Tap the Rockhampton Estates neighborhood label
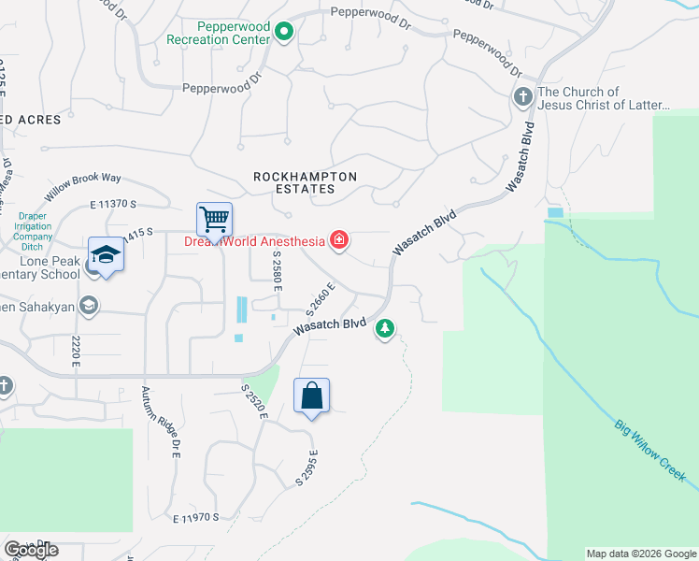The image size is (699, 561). [294, 182]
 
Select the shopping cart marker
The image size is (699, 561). [215, 221]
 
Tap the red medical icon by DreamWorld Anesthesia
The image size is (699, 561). [339, 241]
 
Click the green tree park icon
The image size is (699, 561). [384, 328]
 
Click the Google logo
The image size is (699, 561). [32, 550]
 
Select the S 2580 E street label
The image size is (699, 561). [278, 273]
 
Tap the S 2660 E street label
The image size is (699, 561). [321, 298]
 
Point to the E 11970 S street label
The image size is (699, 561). [195, 516]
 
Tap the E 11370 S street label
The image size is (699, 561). [114, 203]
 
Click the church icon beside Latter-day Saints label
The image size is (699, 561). [522, 96]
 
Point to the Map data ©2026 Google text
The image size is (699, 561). [641, 554]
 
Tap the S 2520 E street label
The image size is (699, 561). [254, 402]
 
